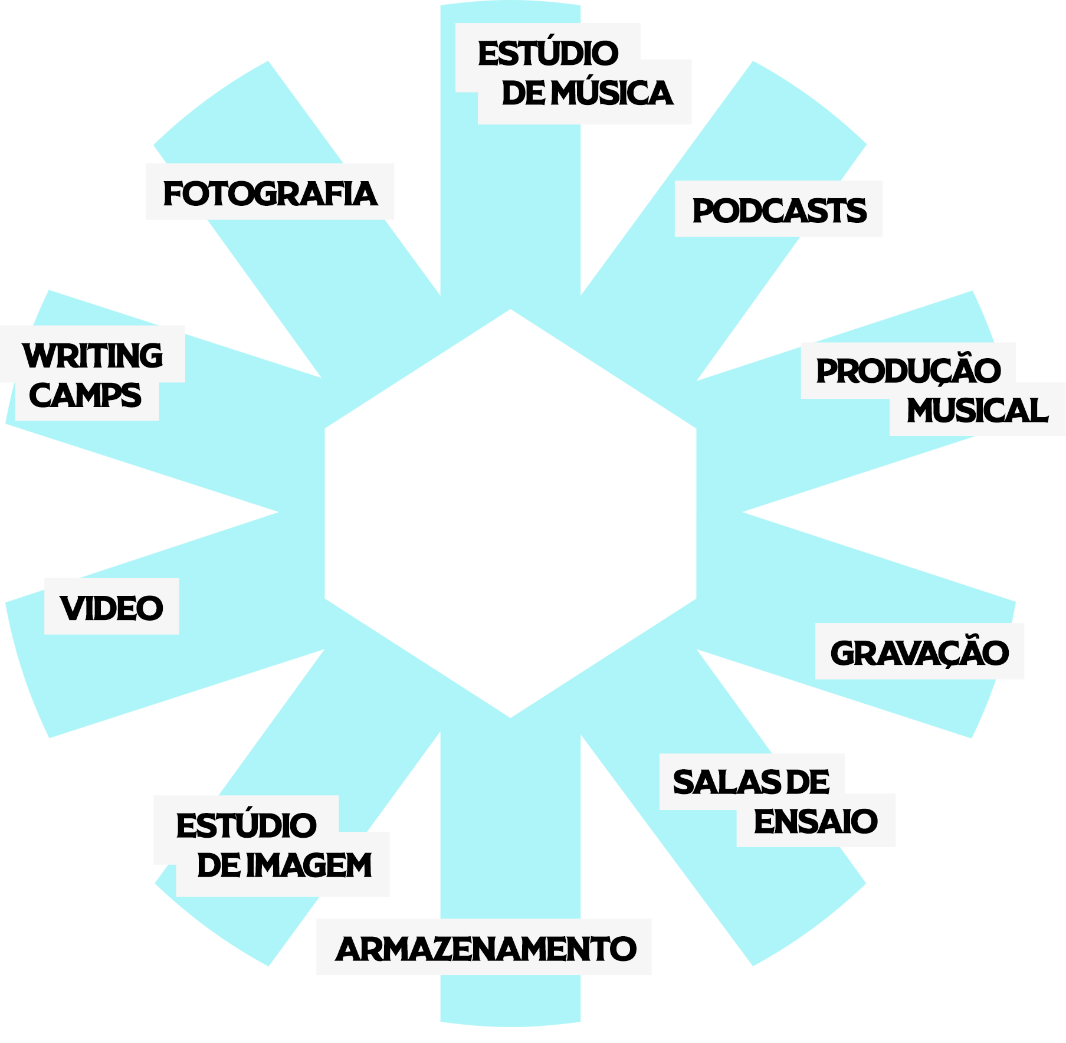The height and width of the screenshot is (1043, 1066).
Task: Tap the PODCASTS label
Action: [x=779, y=210]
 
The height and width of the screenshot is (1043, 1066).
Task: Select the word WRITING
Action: [x=93, y=355]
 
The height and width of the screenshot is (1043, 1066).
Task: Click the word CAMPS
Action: [x=86, y=395]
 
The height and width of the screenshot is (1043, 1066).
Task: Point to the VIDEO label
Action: [x=111, y=608]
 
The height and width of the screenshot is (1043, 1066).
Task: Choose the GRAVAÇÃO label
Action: [x=919, y=652]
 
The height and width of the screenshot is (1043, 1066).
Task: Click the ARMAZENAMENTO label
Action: [x=485, y=949]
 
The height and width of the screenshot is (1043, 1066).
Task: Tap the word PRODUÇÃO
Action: [x=908, y=370]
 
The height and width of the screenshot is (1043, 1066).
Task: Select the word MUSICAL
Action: [x=977, y=410]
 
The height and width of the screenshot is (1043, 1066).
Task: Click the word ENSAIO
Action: [x=815, y=821]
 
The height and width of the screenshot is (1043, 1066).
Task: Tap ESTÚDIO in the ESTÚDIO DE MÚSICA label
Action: [x=548, y=53]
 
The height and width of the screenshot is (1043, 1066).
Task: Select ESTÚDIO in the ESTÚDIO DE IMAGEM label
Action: [x=246, y=825]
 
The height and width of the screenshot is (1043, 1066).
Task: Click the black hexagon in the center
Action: [x=510, y=513]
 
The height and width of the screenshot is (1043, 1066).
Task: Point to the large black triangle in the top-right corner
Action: [x=979, y=59]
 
